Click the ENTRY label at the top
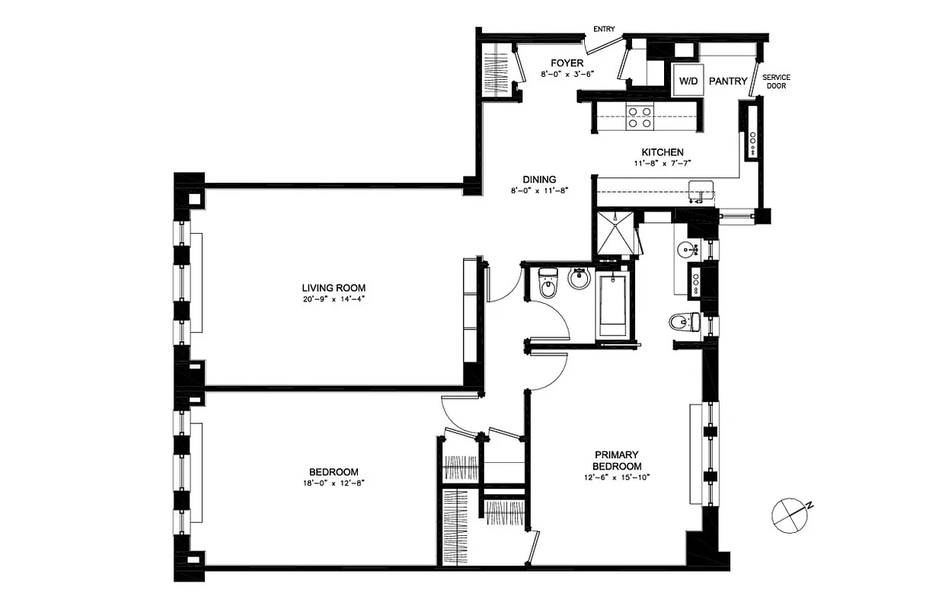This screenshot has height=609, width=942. coord(604,30)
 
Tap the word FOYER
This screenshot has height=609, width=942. coord(567,62)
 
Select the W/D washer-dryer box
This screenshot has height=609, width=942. coord(688,81)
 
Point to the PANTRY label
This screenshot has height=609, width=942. coord(728,81)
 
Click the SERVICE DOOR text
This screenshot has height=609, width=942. coord(776,81)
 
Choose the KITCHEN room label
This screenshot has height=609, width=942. coord(662,152)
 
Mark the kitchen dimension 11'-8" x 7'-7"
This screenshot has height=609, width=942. coord(662,164)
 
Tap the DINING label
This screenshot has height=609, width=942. coord(539,180)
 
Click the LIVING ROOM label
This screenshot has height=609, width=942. coord(334,288)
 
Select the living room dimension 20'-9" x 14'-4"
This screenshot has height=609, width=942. coord(334,299)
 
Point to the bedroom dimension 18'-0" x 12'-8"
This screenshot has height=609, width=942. coord(334,483)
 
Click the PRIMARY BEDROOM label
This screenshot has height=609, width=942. coord(618,460)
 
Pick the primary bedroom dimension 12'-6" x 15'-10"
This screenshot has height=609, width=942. coord(618,477)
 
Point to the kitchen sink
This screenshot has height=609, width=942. coord(701,193)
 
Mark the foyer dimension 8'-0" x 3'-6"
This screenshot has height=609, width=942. coord(567,74)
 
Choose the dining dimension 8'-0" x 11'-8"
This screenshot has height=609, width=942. coord(539,191)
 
